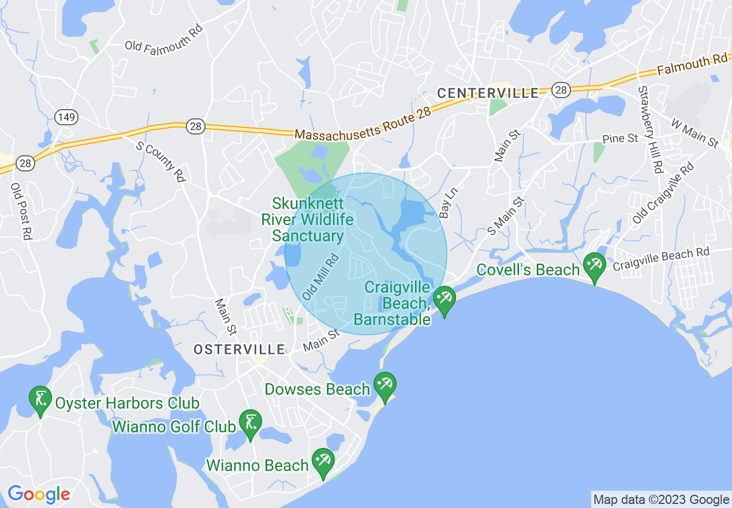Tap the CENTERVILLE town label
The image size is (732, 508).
click(488, 93)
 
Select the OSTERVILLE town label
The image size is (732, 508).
click(239, 349)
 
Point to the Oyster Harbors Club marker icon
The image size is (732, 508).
click(40, 400)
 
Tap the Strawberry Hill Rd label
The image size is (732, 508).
click(649, 129)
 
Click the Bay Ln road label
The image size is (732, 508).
click(444, 202)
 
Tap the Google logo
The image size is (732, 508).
click(39, 494)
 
